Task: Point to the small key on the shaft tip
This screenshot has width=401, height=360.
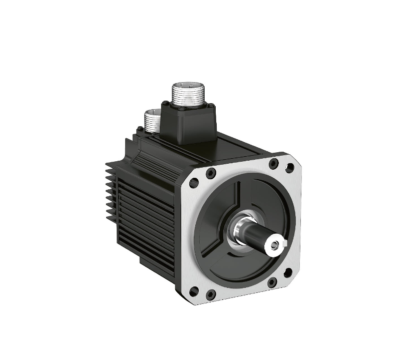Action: pyautogui.click(x=284, y=244)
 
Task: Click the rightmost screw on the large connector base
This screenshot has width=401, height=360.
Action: pyautogui.click(x=212, y=106)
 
